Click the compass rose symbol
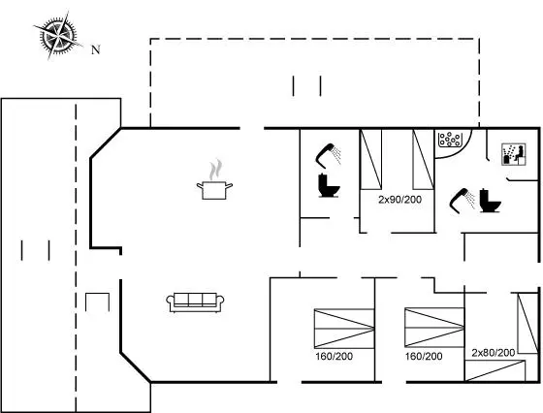tap(58, 35)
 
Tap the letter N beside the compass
tap(96, 49)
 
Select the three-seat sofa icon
tap(195, 302)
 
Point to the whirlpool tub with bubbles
tap(450, 140)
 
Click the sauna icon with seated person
tap(514, 154)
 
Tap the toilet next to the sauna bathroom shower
tap(490, 201)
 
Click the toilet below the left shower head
tap(329, 185)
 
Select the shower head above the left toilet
tap(328, 155)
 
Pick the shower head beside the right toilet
tap(463, 201)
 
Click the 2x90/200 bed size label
tap(399, 200)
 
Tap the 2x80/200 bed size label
tap(494, 353)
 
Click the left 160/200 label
tap(334, 356)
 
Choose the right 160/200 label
tap(424, 356)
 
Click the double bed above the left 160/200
tap(344, 329)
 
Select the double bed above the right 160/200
tap(434, 327)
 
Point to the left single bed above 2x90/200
tap(370, 159)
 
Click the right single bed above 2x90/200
tap(423, 159)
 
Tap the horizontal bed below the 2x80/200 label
tap(495, 370)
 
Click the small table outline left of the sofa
tap(97, 294)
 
